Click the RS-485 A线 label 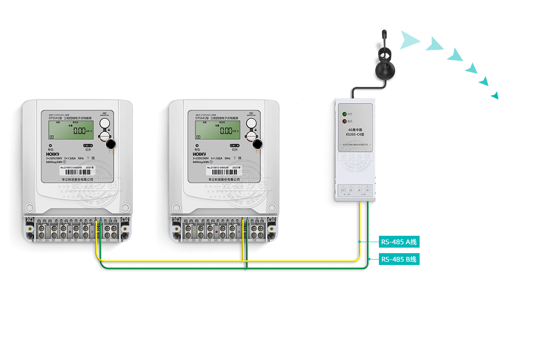click(399, 242)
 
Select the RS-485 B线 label click(399, 259)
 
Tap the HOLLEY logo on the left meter click(53, 154)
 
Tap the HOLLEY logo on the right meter click(200, 154)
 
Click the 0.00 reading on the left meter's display click(80, 131)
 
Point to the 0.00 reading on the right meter click(226, 131)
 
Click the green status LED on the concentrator click(344, 114)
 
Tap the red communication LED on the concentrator click(344, 121)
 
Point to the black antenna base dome click(384, 70)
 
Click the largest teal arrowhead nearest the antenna click(409, 40)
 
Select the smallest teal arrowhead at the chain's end click(495, 95)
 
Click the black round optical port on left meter click(111, 145)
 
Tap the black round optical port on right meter click(258, 145)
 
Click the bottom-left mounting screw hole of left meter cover click(29, 208)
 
